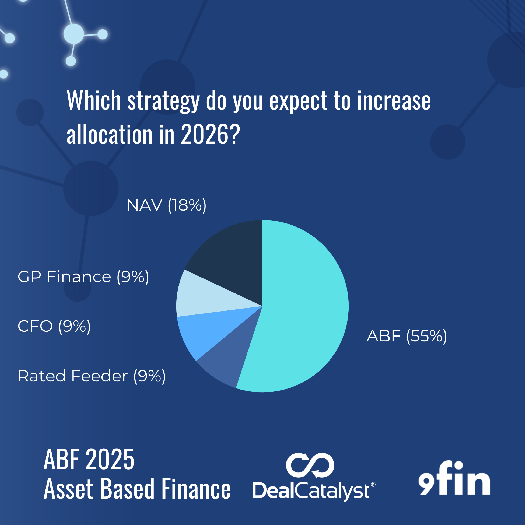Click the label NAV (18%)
click(x=167, y=205)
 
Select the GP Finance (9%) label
click(x=83, y=277)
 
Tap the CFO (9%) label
click(x=54, y=326)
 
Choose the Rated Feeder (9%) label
click(x=92, y=376)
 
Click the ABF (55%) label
click(x=407, y=336)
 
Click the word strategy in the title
click(x=164, y=101)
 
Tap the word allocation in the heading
click(x=110, y=134)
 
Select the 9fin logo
click(x=454, y=478)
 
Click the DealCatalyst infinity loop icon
click(x=310, y=465)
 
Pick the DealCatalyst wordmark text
click(x=314, y=491)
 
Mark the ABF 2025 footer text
click(x=89, y=460)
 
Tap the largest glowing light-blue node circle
click(x=74, y=34)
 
